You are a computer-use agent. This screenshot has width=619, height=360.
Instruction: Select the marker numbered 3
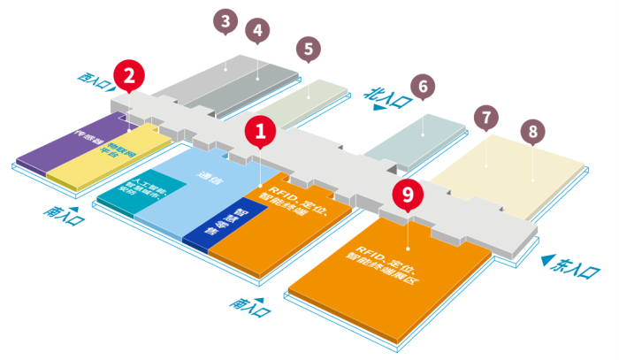coord(227,21)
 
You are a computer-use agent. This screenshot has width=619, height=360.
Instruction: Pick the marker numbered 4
coord(257,32)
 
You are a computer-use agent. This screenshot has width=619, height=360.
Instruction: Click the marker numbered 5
coord(308,49)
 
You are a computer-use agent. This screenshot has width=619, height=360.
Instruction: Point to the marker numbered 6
coord(424,87)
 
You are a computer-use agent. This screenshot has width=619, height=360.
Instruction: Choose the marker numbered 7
coord(487,117)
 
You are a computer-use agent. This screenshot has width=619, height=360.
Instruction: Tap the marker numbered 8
coord(532,133)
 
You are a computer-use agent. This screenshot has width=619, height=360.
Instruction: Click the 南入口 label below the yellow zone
coord(64,215)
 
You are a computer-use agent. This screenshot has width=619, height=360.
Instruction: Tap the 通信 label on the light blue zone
coord(212,175)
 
